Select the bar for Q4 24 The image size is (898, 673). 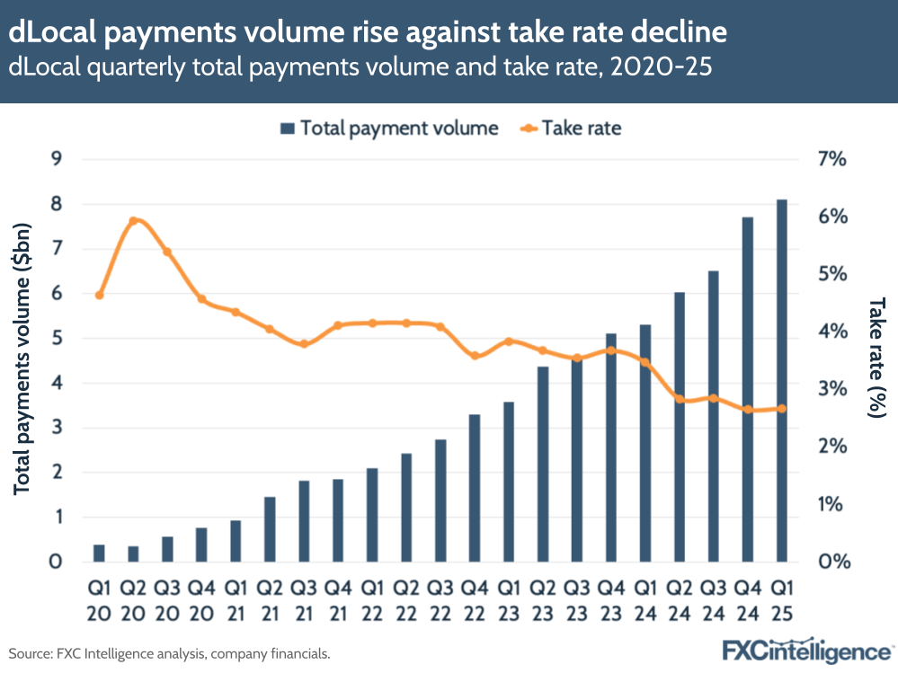747,390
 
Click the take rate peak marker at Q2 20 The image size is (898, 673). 133,221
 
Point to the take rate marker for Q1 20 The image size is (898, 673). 99,295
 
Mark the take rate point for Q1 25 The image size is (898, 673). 781,409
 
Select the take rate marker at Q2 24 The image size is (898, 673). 679,400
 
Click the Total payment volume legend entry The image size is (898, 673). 388,128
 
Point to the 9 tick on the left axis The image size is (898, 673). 56,160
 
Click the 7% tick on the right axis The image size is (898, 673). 832,160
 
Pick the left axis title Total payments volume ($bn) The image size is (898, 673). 22,360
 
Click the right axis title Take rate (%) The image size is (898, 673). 876,359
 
